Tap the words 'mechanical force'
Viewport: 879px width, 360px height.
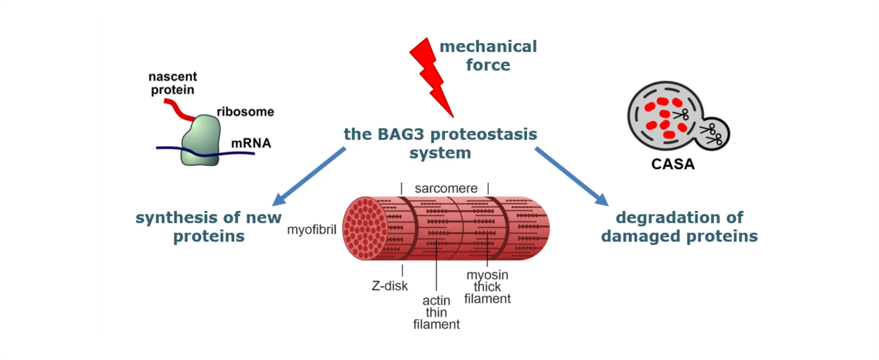(x=488, y=56)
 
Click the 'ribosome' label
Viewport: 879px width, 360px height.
(x=245, y=112)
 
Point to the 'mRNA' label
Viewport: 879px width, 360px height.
(x=251, y=143)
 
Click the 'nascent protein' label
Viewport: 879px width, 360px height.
(x=173, y=83)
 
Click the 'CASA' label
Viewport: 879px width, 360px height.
(x=673, y=164)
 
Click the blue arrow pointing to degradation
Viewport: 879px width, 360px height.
(x=572, y=177)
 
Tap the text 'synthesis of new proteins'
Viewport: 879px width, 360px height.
(x=209, y=227)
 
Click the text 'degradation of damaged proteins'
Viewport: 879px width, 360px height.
(x=679, y=227)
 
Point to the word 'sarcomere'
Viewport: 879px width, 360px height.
(x=446, y=188)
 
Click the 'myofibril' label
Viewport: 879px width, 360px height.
(x=311, y=230)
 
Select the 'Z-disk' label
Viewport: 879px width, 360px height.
(x=390, y=286)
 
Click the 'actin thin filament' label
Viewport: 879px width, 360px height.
(x=436, y=312)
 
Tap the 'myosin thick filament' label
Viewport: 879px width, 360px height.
(x=487, y=287)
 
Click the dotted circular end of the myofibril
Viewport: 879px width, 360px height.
(x=365, y=228)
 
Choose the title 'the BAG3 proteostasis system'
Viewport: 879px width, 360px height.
(x=440, y=143)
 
